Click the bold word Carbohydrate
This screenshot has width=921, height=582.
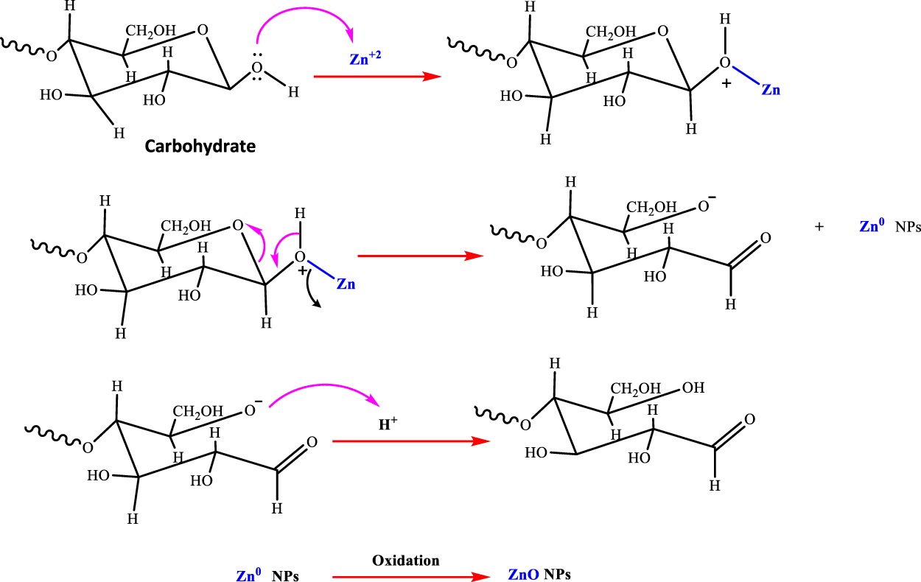pos(200,146)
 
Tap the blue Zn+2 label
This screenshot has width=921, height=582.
pos(365,59)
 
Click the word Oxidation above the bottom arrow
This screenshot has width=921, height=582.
pos(405,560)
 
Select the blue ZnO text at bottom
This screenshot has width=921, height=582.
pos(525,575)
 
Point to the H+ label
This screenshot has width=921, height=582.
pos(389,424)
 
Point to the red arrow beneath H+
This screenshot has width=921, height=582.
pos(410,441)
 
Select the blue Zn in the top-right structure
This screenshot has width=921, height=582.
pos(771,91)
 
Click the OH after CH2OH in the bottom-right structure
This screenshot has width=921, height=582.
pos(693,387)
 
